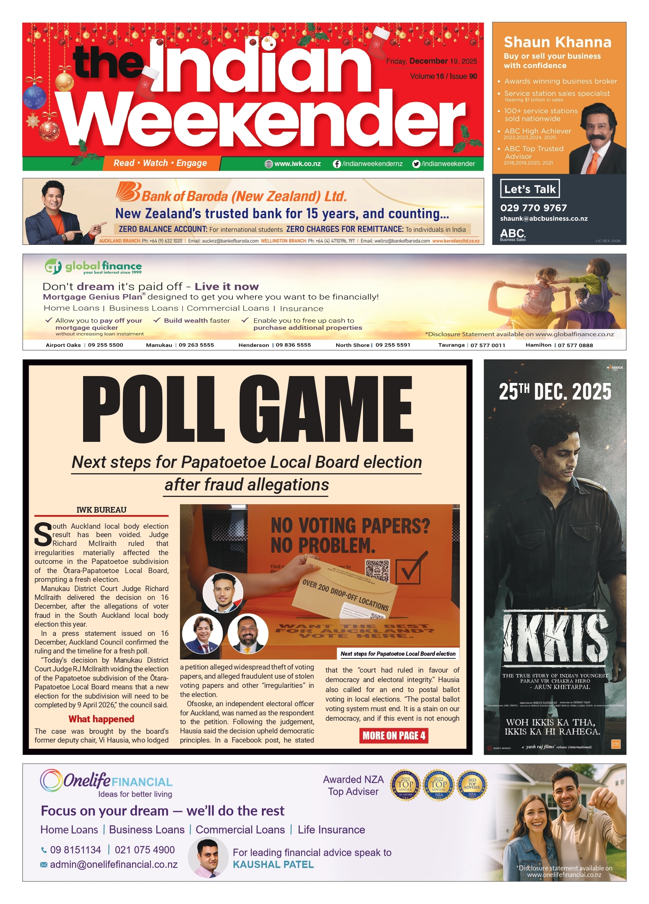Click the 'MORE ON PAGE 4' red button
(394, 735)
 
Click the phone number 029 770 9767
(533, 208)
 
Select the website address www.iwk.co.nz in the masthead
(297, 164)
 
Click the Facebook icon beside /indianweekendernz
(337, 164)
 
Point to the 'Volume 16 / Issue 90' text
(443, 76)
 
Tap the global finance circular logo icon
(53, 266)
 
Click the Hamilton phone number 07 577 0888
(575, 345)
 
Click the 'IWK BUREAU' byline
(101, 510)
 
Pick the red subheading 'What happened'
(101, 719)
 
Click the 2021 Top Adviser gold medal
(405, 785)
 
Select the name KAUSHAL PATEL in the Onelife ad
(273, 864)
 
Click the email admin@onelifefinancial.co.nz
(113, 864)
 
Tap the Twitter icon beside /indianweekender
(416, 164)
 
